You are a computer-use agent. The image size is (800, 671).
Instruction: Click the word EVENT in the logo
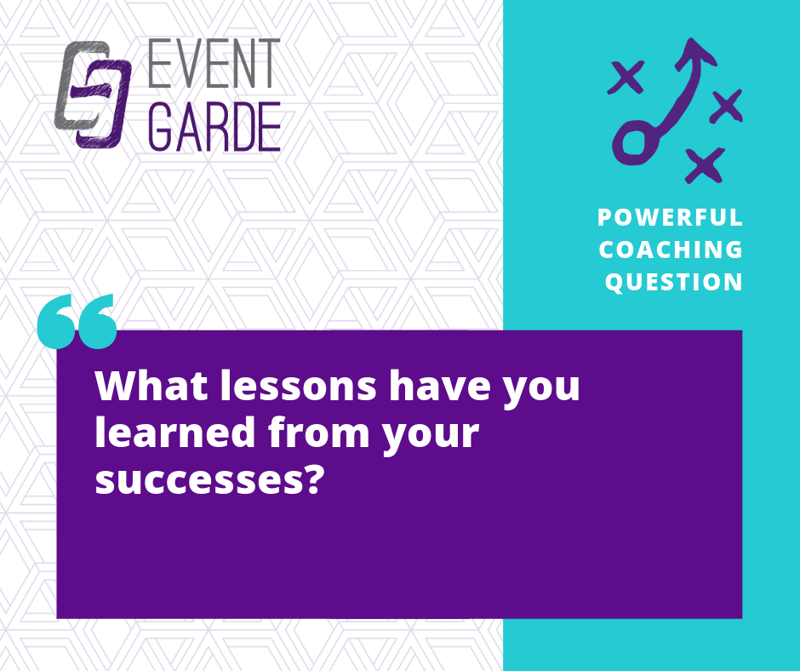214,63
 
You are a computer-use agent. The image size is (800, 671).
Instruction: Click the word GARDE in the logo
214,127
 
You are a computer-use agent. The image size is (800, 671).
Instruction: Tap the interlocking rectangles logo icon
93,95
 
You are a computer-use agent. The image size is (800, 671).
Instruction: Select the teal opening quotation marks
77,321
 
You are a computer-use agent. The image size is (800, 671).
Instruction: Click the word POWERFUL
670,217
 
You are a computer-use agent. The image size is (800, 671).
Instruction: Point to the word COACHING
671,249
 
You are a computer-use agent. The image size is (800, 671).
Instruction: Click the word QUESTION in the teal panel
673,283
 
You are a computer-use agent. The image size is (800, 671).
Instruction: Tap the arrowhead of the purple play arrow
695,53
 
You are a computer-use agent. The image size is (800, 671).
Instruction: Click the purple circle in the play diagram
635,142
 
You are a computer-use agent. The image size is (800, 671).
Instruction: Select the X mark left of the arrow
626,77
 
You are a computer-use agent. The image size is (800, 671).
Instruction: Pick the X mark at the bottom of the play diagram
705,165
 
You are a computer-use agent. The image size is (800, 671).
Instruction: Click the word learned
175,432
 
